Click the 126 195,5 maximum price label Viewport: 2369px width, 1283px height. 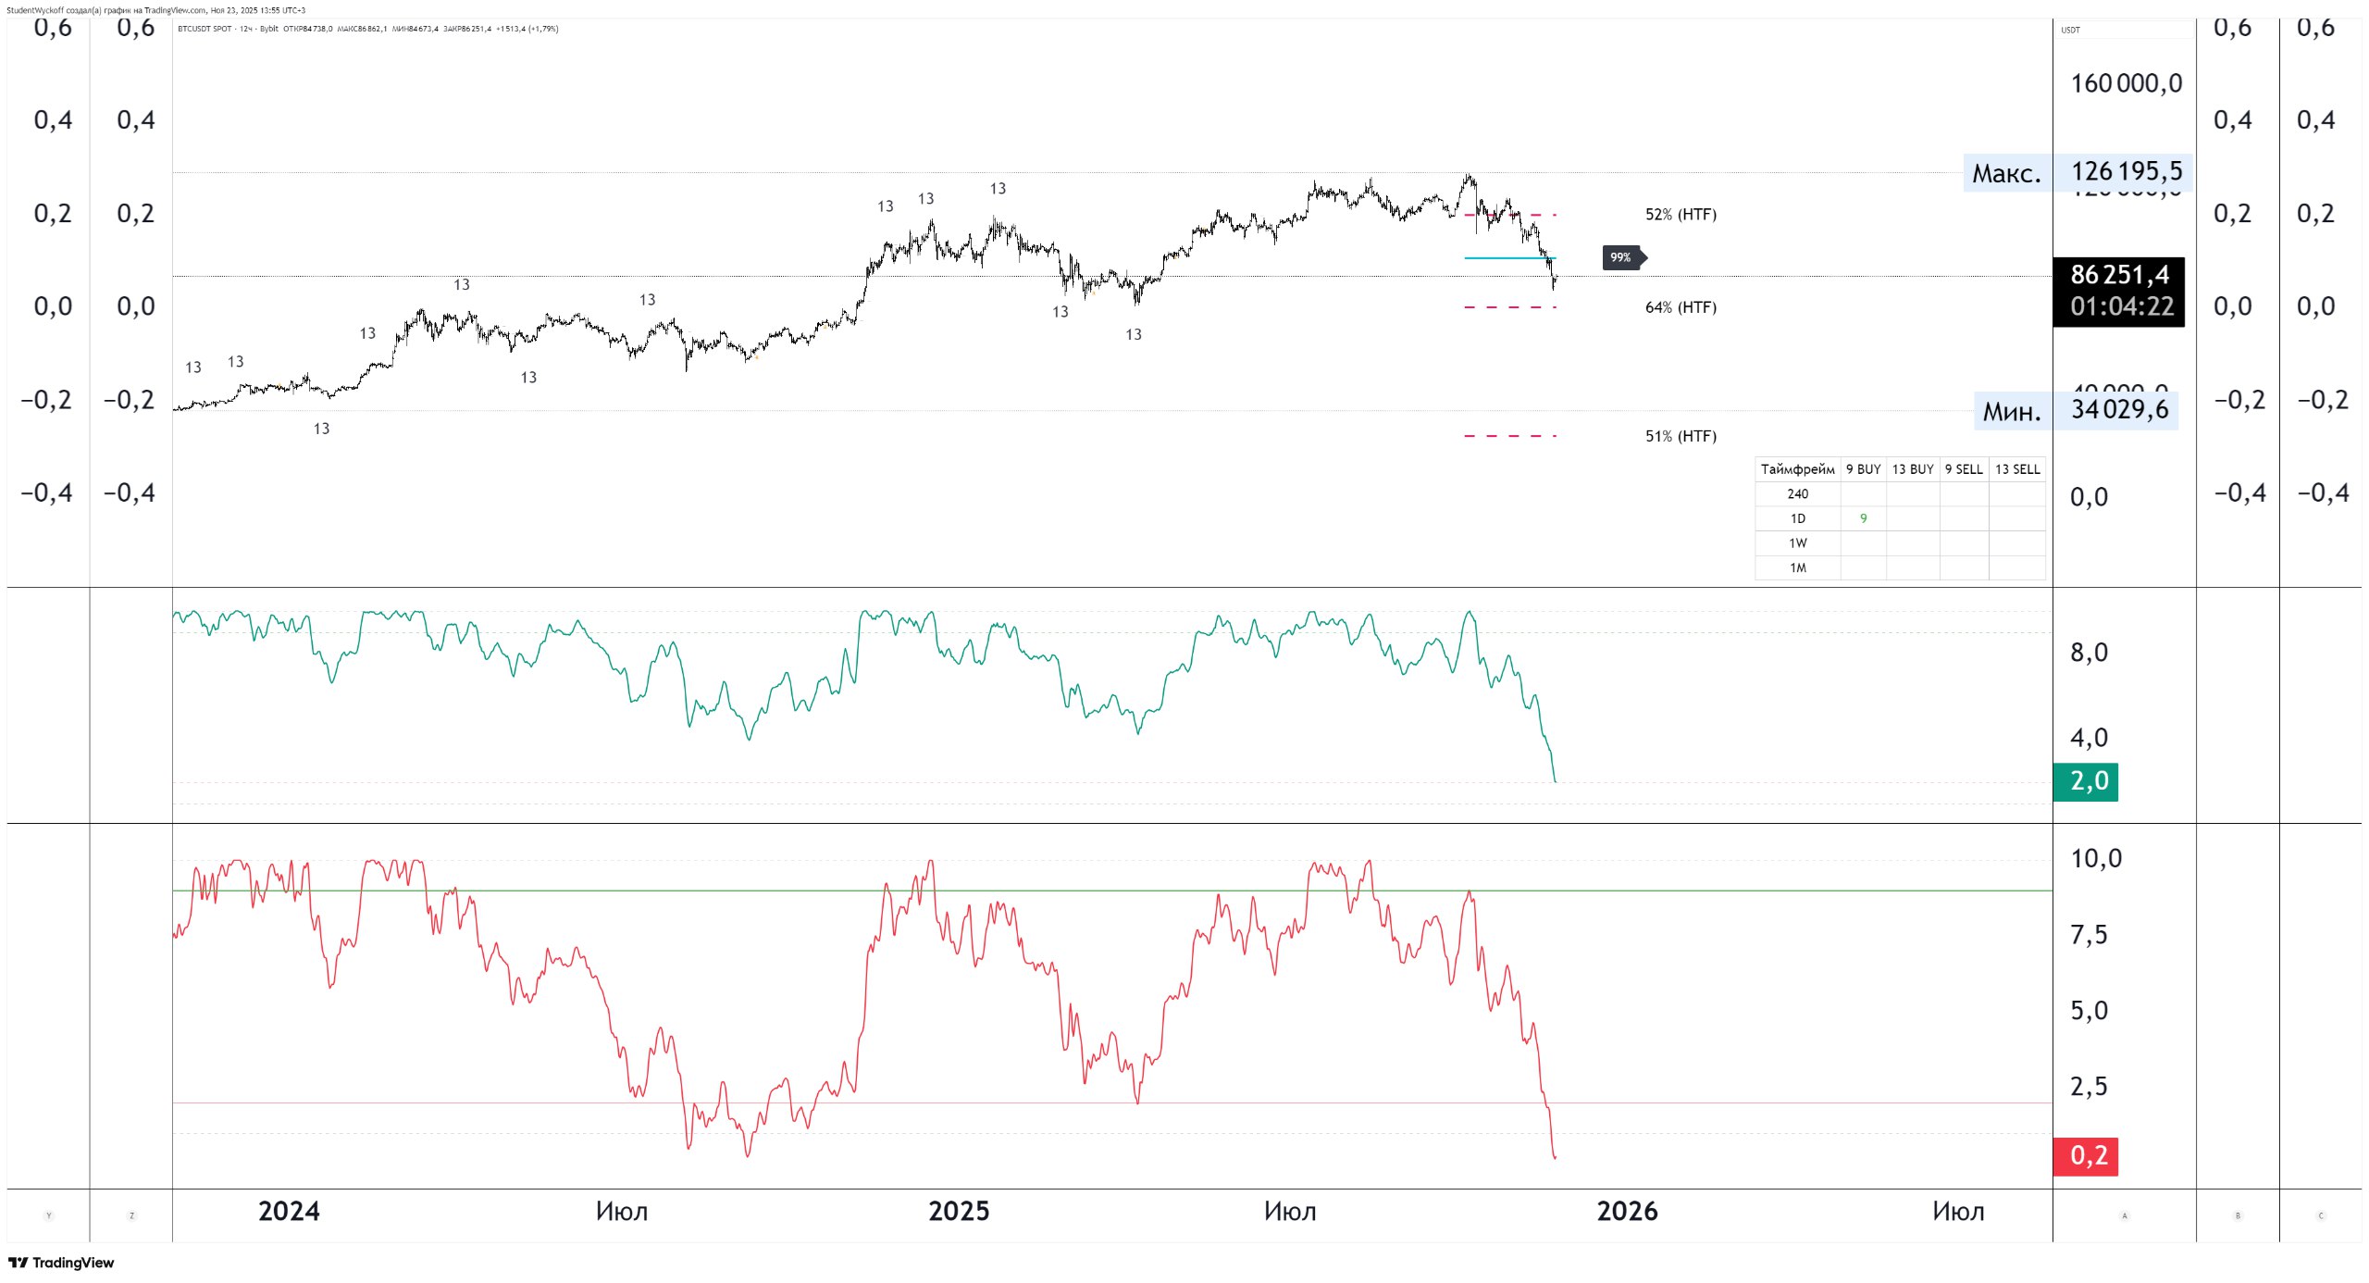point(2126,172)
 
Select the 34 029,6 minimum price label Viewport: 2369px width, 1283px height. point(2119,410)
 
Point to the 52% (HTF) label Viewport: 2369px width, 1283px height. point(1680,215)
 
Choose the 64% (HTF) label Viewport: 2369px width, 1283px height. point(1680,307)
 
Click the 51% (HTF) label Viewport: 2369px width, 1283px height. point(1680,436)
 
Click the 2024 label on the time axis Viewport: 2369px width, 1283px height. point(289,1212)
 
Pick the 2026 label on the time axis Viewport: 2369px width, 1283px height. point(1627,1212)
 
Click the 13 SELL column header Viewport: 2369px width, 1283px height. point(2016,469)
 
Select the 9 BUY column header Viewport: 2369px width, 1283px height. point(1863,469)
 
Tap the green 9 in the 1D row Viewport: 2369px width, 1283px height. point(1863,518)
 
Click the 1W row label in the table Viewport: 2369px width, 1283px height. point(1797,543)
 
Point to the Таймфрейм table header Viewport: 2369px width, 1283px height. point(1797,469)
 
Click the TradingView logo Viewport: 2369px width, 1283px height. point(61,1263)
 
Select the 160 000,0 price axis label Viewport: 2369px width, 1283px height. point(2126,84)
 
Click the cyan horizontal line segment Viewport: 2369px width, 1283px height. point(1509,258)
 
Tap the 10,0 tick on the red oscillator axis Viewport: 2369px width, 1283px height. point(2096,859)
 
